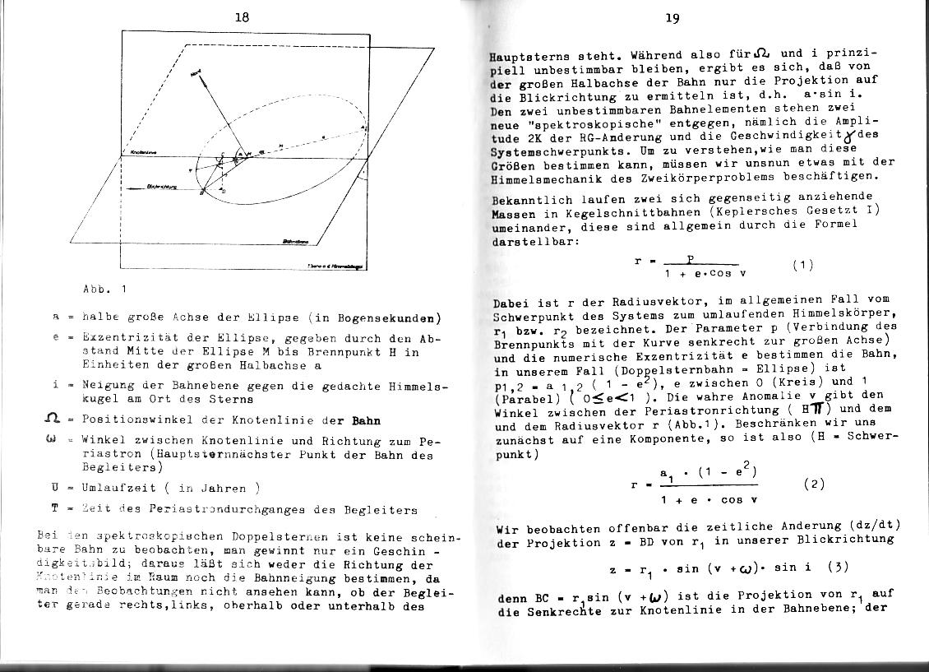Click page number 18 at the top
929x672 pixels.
241,17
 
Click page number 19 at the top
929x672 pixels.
672,18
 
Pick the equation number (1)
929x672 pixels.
803,265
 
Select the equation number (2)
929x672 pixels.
813,484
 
